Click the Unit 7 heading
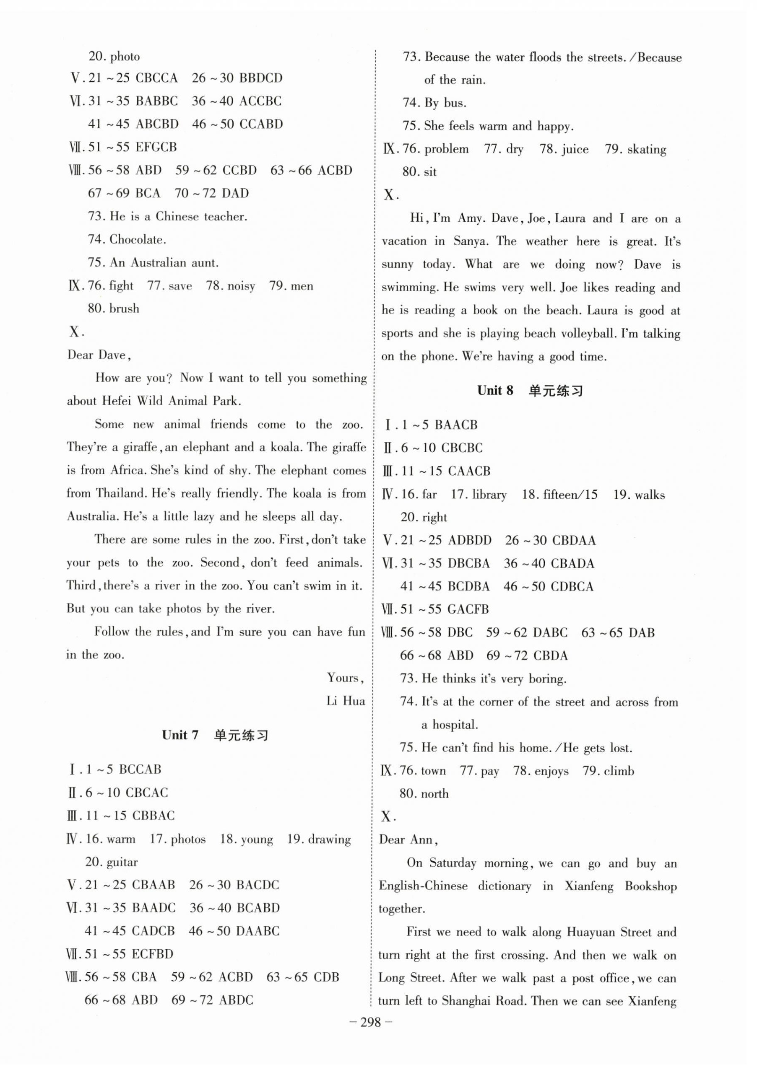coord(215,735)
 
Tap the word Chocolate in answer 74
coord(137,240)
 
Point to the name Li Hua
coord(346,701)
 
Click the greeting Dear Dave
coord(99,355)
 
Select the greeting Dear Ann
coord(408,839)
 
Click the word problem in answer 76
coord(446,149)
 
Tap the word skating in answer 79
coord(646,149)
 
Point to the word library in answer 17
coord(489,495)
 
